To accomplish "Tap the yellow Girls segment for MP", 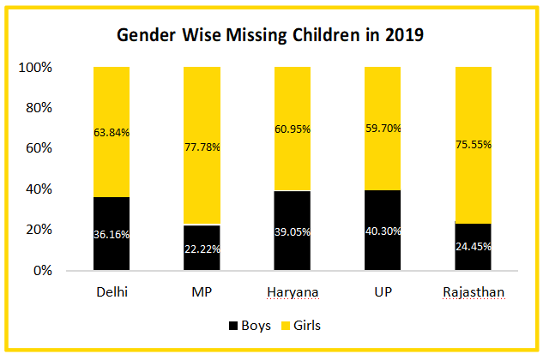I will [202, 103].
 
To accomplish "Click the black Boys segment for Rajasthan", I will [474, 257].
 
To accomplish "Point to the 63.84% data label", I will [111, 132].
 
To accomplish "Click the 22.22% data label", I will [202, 249].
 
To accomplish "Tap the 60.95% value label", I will [293, 129].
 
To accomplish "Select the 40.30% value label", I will [383, 231].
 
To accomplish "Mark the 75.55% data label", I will [474, 145].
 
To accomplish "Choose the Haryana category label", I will [293, 292].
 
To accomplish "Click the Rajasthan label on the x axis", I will [474, 292].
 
